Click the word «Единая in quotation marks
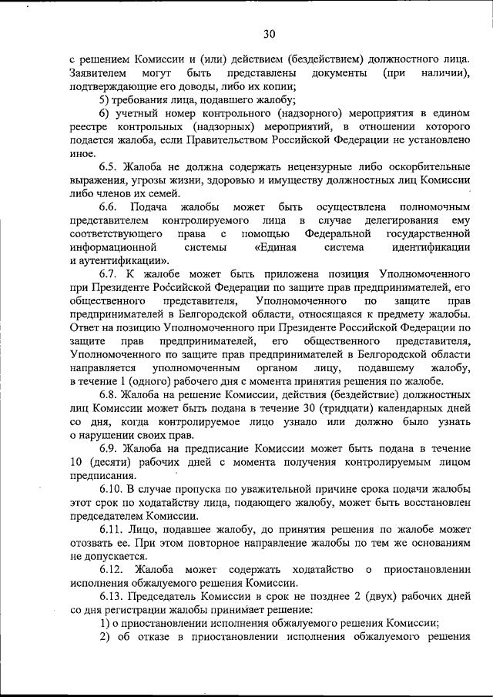coord(280,247)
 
